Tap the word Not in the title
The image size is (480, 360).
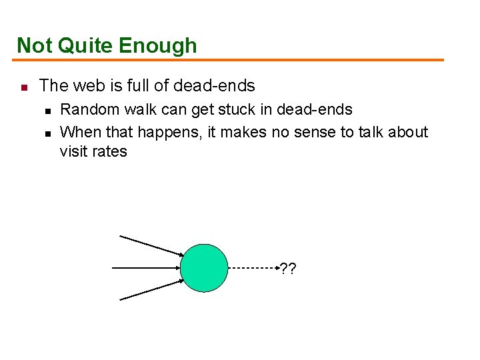click(34, 45)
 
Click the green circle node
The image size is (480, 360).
click(205, 268)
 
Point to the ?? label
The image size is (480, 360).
click(288, 269)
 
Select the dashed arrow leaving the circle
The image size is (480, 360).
click(253, 268)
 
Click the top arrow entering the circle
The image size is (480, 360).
click(151, 245)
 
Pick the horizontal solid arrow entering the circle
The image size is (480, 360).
click(147, 268)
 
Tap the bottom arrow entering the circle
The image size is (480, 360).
click(151, 291)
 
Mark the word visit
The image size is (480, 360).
click(73, 151)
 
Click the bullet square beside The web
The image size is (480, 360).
click(22, 87)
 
